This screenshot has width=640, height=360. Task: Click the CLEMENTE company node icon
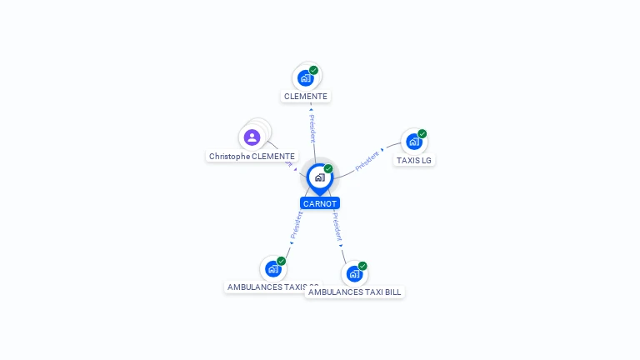click(306, 78)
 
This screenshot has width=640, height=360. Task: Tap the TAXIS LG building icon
click(413, 142)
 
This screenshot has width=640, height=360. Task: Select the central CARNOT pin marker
click(320, 177)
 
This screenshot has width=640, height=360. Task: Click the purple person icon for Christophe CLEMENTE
click(252, 137)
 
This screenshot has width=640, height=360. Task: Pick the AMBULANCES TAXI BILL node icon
click(354, 274)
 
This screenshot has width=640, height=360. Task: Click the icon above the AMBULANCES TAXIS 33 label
click(272, 269)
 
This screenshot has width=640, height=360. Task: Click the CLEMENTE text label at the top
click(306, 97)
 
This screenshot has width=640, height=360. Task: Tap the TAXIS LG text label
click(414, 160)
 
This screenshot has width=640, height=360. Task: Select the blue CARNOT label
click(320, 203)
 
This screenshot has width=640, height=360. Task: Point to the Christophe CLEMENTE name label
click(252, 157)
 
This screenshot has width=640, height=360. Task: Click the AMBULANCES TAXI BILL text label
click(354, 292)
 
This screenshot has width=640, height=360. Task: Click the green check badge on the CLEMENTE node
click(313, 70)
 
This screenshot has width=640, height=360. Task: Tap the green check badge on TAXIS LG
click(422, 133)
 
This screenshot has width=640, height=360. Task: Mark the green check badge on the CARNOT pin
click(328, 169)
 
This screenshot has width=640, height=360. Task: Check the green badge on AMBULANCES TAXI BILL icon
click(362, 266)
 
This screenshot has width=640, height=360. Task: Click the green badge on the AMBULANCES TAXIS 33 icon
click(282, 261)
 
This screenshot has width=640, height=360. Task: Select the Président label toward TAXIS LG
click(367, 161)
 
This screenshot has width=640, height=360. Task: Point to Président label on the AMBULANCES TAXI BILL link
click(337, 225)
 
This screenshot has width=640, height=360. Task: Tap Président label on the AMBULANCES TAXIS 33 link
click(296, 225)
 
